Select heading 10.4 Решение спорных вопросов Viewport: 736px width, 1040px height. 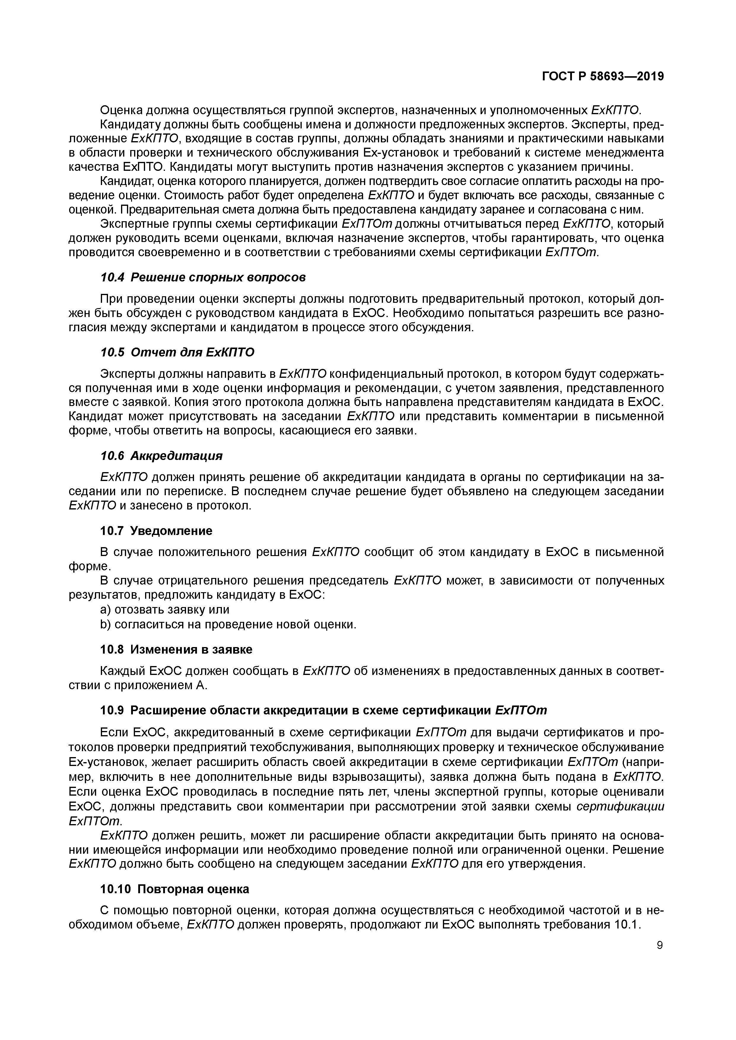(203, 277)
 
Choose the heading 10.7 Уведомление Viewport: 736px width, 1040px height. (156, 531)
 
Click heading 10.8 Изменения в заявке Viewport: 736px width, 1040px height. (176, 649)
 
